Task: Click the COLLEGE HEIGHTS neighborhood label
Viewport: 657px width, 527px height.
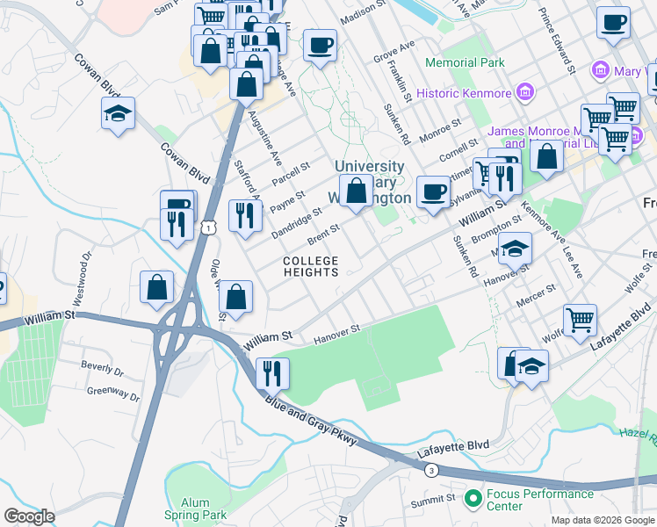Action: (x=311, y=267)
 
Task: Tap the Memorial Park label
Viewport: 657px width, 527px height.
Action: (x=465, y=63)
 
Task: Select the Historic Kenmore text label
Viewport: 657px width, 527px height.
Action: (x=463, y=93)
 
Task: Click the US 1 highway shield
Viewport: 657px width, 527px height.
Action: (x=206, y=228)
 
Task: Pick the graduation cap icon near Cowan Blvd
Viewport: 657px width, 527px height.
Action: (x=118, y=114)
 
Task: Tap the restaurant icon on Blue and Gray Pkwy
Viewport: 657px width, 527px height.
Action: (x=272, y=373)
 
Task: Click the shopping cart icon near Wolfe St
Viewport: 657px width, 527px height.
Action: (x=580, y=321)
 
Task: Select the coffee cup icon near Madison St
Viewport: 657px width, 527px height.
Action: (x=321, y=44)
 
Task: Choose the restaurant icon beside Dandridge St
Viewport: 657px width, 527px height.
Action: (x=245, y=215)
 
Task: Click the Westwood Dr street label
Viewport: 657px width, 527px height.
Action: (x=81, y=279)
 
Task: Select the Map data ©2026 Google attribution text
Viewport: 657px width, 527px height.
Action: (x=602, y=520)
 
